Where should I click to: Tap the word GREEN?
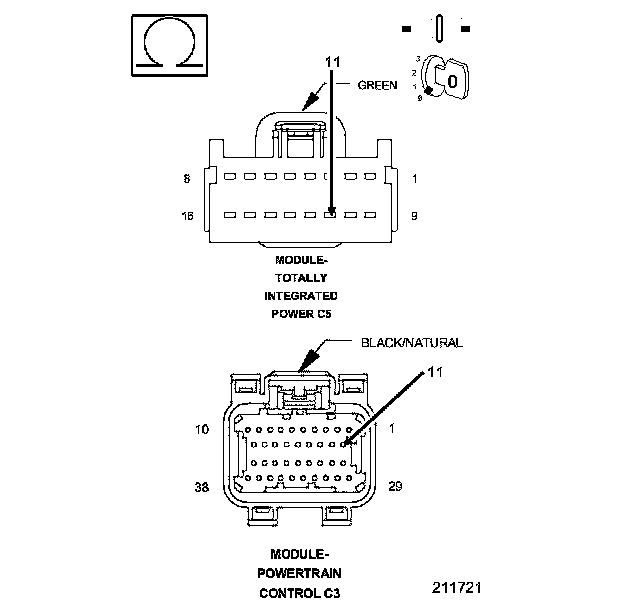click(378, 86)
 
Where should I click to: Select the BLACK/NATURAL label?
click(412, 342)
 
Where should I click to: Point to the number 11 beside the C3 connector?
click(433, 372)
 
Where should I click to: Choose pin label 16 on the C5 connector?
click(186, 215)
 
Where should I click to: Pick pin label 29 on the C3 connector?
click(395, 486)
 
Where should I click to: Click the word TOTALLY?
click(301, 278)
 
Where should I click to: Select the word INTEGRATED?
click(301, 296)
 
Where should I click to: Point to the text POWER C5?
click(301, 314)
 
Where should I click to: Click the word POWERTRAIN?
click(300, 573)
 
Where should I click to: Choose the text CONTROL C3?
click(300, 592)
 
